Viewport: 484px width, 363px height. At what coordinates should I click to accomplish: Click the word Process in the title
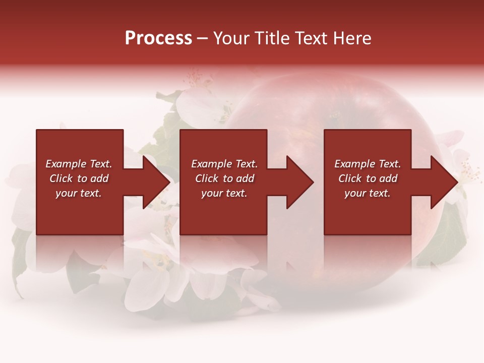(x=158, y=38)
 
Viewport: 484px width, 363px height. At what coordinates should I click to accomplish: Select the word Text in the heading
(x=309, y=38)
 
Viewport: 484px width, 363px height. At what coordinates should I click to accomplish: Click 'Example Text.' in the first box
(x=79, y=164)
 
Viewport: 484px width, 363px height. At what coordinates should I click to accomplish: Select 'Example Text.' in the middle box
(x=224, y=164)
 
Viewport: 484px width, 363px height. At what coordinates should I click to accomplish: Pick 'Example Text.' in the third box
(x=368, y=164)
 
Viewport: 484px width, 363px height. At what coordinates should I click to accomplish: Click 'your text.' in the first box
(x=79, y=194)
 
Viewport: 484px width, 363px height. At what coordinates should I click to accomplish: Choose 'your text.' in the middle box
(x=224, y=194)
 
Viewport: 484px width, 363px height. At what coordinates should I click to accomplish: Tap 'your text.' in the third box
(x=368, y=194)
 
